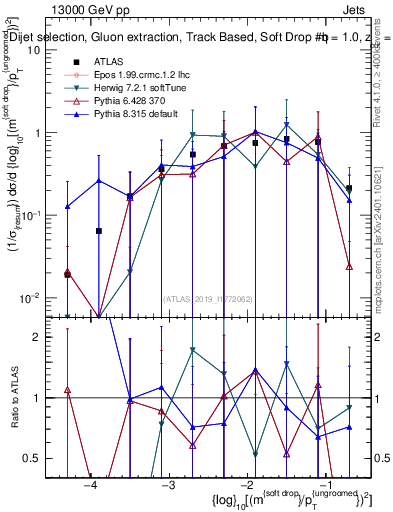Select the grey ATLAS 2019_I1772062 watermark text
pyautogui.click(x=209, y=297)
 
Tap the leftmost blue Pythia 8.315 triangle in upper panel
pyautogui.click(x=67, y=207)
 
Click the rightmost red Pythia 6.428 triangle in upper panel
pyautogui.click(x=349, y=266)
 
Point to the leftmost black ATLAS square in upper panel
pyautogui.click(x=67, y=274)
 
